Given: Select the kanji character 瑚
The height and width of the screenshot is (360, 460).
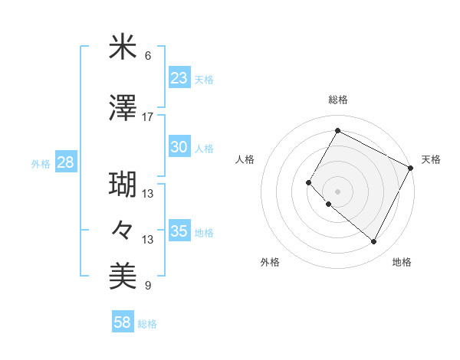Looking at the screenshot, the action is click(123, 185).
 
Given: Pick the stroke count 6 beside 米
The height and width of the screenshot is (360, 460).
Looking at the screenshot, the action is click(148, 56).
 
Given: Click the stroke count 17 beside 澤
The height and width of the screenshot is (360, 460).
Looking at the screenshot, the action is click(148, 117).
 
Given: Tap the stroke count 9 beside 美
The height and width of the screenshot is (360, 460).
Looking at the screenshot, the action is click(148, 286).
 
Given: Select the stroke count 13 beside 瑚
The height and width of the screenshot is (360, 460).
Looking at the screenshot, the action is click(148, 194).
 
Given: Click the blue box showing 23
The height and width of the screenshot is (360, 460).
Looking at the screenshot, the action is click(179, 78).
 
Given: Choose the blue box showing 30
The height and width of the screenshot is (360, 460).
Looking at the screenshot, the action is click(179, 147).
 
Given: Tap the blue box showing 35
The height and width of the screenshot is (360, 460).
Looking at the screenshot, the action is click(179, 231).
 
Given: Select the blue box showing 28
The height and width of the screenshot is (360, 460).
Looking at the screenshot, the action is click(66, 162).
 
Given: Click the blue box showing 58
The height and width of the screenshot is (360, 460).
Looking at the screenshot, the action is click(123, 322).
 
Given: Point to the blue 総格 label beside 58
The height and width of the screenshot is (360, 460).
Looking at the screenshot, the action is click(147, 324).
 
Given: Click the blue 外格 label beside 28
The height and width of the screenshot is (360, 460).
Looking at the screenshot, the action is click(41, 163).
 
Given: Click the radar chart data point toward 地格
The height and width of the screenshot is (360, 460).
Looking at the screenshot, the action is click(374, 242).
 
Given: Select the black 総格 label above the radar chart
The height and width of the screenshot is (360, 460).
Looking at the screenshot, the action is click(337, 100).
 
